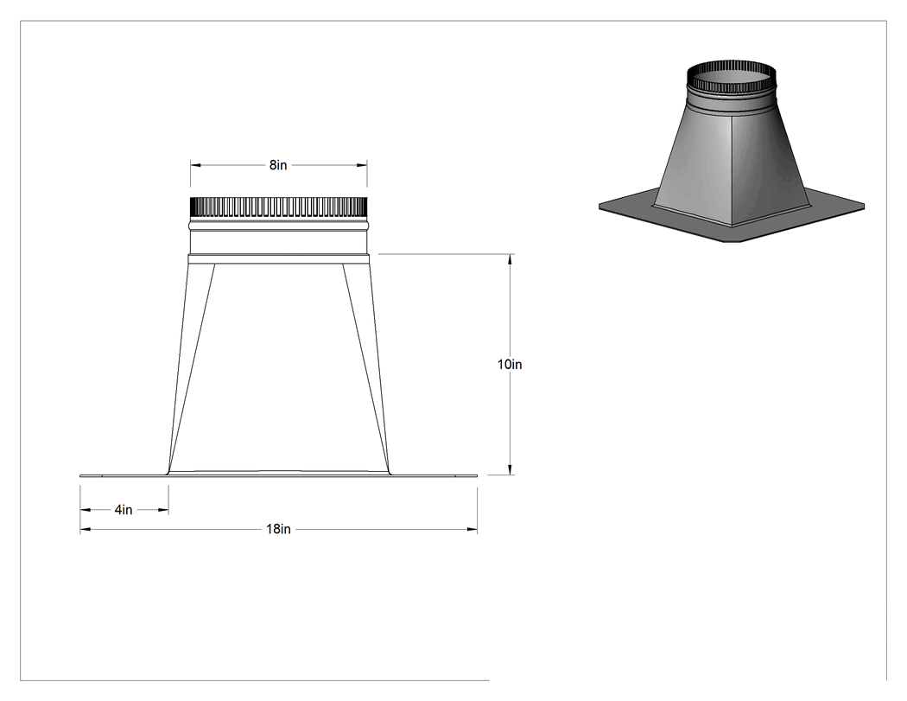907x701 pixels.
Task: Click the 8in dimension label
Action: click(x=278, y=166)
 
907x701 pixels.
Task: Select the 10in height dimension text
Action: click(x=510, y=365)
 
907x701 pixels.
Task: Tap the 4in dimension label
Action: click(x=124, y=510)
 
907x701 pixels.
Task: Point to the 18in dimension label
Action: click(x=278, y=529)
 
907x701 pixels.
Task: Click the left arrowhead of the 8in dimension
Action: click(x=195, y=166)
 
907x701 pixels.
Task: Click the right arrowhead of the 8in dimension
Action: click(x=362, y=166)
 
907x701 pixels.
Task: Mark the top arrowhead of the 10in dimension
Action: click(x=510, y=258)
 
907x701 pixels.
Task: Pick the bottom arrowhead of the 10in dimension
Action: click(x=510, y=470)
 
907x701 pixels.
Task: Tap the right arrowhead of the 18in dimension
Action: click(x=473, y=529)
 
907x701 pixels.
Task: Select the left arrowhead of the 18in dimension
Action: click(x=85, y=529)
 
